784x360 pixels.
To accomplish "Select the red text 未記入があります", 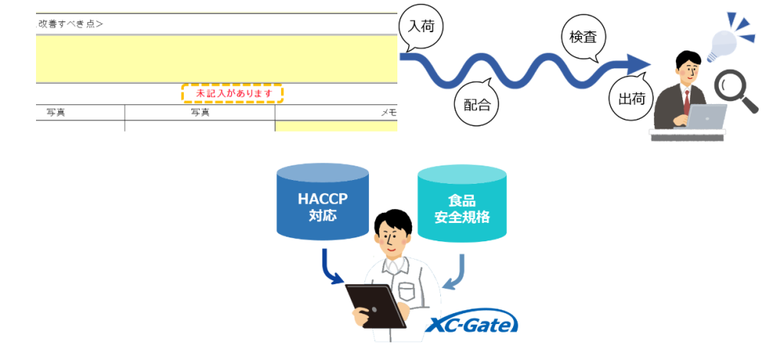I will coord(232,93).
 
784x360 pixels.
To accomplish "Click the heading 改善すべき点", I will coord(70,23).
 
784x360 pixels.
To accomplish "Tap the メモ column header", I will coord(389,113).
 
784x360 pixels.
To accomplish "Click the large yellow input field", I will coord(217,59).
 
